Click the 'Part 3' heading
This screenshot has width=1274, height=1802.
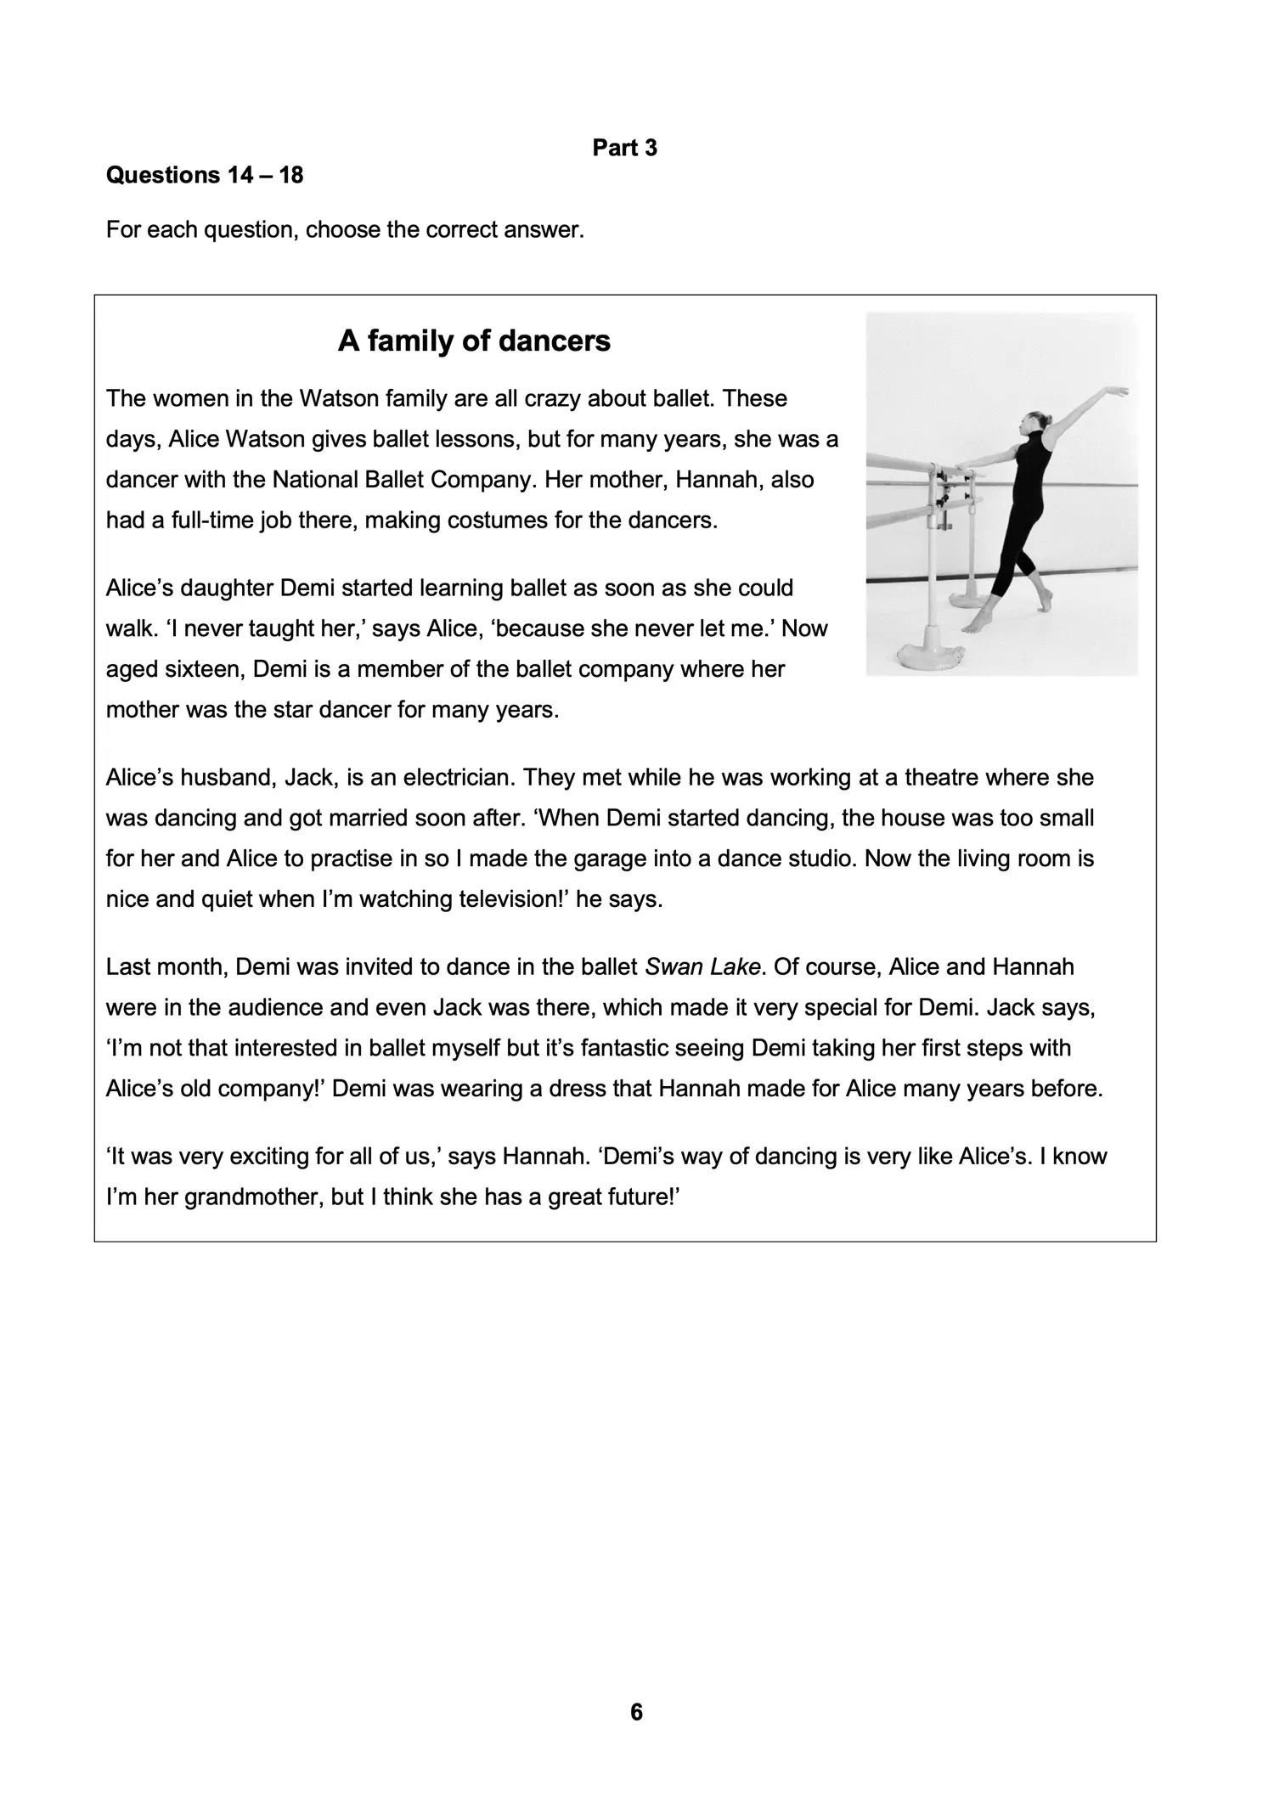[x=624, y=148]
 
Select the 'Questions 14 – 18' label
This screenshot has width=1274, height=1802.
[x=204, y=176]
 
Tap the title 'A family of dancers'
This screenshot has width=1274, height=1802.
[x=474, y=341]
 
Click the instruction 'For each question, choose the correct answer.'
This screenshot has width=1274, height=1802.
[x=345, y=230]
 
